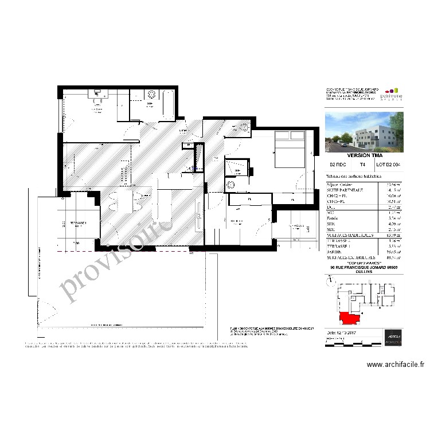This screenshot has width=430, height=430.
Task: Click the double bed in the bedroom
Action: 290,149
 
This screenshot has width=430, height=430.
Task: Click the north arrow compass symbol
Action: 329,281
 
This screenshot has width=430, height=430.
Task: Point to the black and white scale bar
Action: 344,342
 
